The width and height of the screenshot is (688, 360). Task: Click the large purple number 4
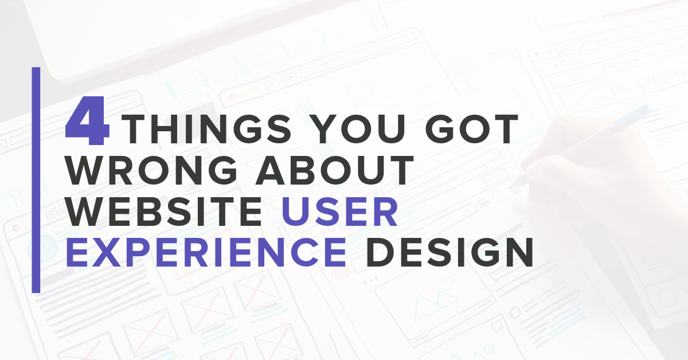tap(88, 121)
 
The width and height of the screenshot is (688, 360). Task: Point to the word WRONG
tap(151, 170)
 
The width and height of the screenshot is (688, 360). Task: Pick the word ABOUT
tap(335, 170)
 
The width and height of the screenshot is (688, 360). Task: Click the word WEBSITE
tap(164, 212)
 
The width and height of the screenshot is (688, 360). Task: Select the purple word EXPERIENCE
tap(206, 252)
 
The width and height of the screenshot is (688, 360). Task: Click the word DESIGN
tap(449, 252)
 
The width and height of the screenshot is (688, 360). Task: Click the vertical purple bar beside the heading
tap(36, 180)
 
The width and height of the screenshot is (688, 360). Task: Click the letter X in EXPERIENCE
tap(104, 252)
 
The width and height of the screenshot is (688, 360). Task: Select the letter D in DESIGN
tap(381, 252)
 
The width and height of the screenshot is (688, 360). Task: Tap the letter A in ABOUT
tap(270, 170)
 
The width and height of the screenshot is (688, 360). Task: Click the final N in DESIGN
tap(519, 252)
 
